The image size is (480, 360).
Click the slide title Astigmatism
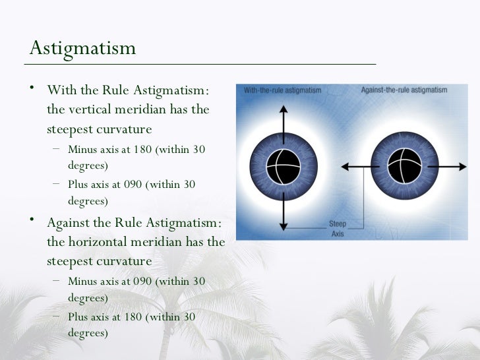point(82,48)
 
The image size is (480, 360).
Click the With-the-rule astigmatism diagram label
point(282,90)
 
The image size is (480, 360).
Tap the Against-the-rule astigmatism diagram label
point(404,90)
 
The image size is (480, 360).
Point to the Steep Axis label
point(338,228)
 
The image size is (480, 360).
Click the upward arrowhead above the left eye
point(284,107)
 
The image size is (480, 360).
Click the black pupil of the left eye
point(284,167)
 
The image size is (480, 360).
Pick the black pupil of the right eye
point(404,167)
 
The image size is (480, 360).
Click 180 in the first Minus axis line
point(143,150)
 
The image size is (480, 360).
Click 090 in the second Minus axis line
point(143,282)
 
